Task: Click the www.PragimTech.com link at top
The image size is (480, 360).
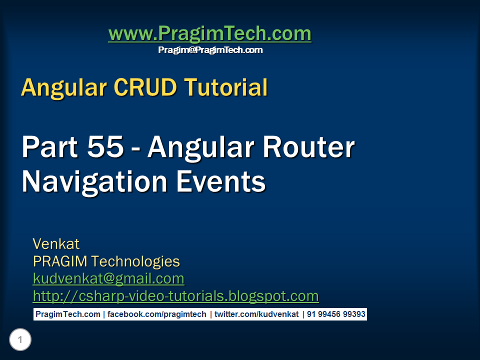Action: click(209, 34)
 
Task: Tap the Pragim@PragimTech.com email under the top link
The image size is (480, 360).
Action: click(210, 50)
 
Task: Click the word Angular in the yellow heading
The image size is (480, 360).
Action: click(63, 88)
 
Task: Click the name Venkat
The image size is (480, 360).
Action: click(56, 244)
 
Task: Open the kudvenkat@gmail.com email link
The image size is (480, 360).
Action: click(108, 278)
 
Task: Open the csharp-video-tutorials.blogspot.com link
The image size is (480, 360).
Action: click(175, 296)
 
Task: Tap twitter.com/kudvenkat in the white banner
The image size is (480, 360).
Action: click(256, 314)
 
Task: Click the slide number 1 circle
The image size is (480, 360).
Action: click(20, 340)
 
